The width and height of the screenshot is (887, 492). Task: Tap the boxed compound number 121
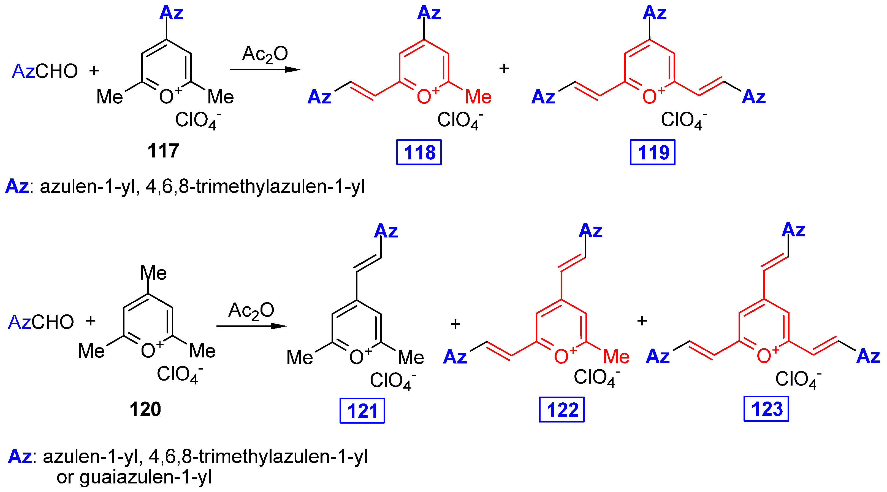pyautogui.click(x=362, y=410)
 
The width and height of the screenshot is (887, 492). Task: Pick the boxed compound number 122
pyautogui.click(x=562, y=410)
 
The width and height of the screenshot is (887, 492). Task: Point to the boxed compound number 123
pyautogui.click(x=766, y=409)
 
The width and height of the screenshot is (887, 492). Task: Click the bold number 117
pyautogui.click(x=163, y=151)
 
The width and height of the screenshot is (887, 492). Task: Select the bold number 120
pyautogui.click(x=145, y=409)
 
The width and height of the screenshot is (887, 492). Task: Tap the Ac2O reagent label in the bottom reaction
pyautogui.click(x=251, y=311)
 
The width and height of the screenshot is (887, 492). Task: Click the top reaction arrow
pyautogui.click(x=265, y=70)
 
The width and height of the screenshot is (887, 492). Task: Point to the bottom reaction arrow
pyautogui.click(x=251, y=326)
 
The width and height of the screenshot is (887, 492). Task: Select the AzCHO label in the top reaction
pyautogui.click(x=45, y=71)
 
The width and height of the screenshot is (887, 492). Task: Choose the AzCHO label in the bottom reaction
pyautogui.click(x=41, y=322)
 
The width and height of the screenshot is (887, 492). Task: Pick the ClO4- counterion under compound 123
pyautogui.click(x=798, y=379)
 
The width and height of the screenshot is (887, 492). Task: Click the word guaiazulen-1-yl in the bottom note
pyautogui.click(x=145, y=477)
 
